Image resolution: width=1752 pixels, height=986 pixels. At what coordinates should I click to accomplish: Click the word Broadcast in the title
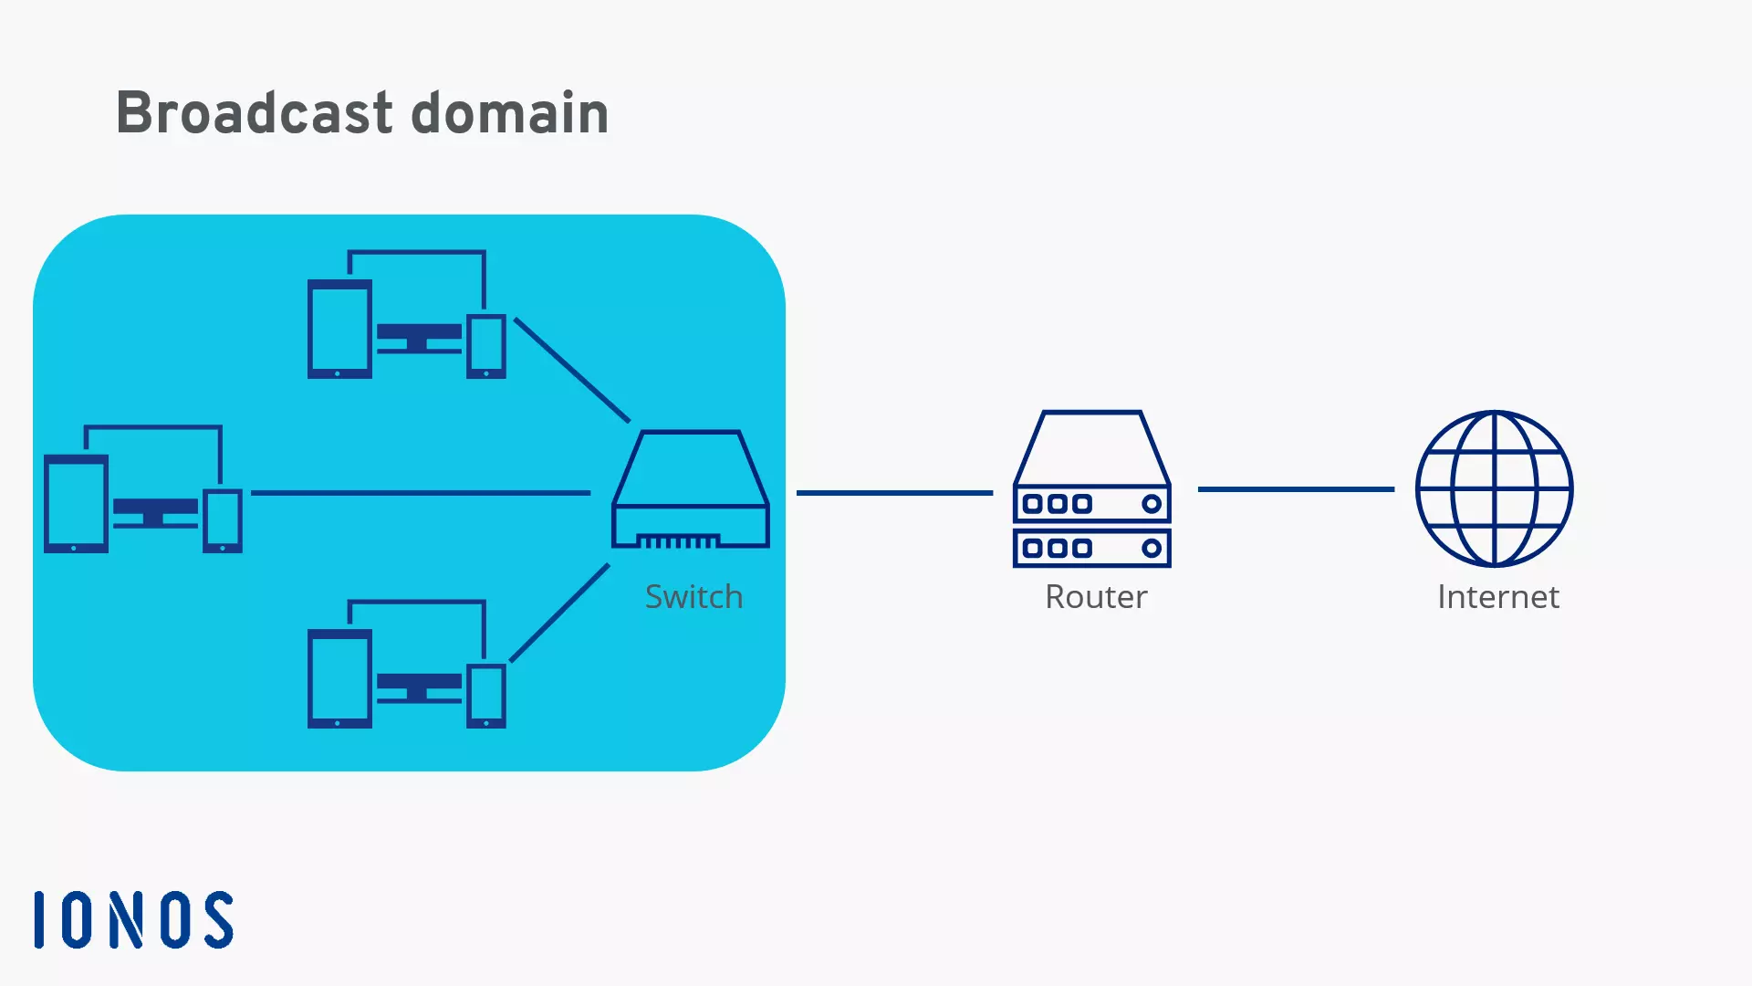(x=254, y=113)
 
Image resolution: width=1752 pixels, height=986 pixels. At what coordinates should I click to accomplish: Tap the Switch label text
(x=693, y=596)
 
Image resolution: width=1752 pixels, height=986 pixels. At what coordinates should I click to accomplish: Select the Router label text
(x=1095, y=596)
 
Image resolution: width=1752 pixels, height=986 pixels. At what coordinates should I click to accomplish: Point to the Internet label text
(x=1497, y=596)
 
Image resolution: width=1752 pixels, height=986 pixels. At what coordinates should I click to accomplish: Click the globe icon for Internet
(x=1494, y=488)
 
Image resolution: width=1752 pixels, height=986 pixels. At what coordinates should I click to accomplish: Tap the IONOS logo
(x=134, y=919)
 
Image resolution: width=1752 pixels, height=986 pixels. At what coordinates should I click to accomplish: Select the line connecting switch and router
(x=894, y=493)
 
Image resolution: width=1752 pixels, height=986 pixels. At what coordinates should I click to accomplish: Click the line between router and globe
(x=1296, y=489)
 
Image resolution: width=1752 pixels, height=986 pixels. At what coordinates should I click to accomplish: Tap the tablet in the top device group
(x=339, y=329)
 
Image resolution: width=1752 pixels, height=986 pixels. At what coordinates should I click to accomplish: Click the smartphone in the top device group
(x=486, y=346)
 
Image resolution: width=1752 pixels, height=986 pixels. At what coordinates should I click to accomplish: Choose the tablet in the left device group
(x=76, y=504)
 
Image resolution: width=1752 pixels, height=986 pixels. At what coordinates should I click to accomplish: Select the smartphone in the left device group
(x=223, y=521)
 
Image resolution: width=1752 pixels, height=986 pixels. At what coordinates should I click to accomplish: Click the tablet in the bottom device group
(x=339, y=678)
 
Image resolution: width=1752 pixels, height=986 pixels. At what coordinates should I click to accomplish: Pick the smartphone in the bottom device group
(x=486, y=696)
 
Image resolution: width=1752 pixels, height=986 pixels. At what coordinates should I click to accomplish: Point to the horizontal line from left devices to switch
(x=420, y=493)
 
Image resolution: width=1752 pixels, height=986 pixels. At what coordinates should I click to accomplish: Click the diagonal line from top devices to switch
(x=572, y=370)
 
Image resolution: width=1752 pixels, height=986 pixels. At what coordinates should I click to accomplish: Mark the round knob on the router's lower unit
(x=1152, y=548)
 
